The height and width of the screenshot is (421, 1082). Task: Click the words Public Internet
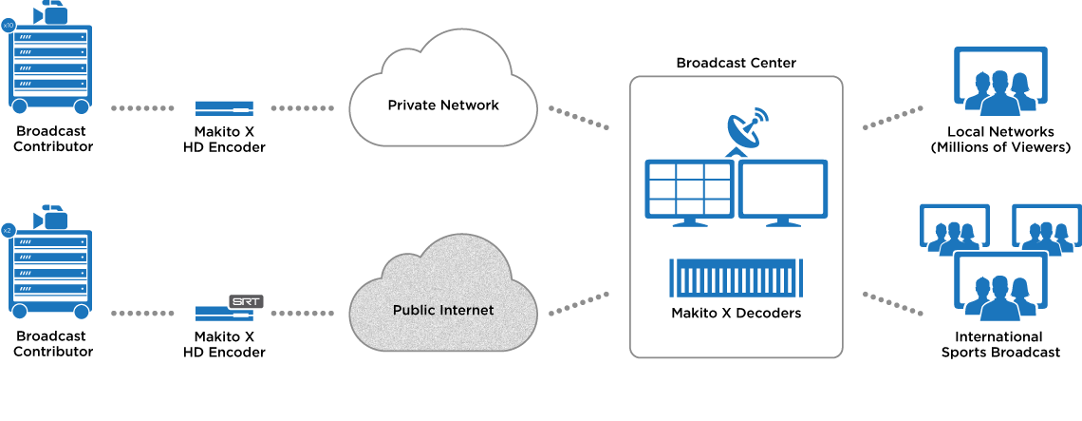point(443,311)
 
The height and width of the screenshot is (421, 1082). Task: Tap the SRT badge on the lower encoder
point(246,301)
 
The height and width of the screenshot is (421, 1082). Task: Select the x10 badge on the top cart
point(9,26)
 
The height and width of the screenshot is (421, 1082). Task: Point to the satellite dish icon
point(747,132)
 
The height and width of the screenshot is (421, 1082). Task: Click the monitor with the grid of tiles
point(689,190)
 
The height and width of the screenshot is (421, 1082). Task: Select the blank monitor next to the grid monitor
point(783,190)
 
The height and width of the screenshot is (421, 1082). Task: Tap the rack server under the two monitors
point(737,277)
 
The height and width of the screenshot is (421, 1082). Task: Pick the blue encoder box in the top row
point(224,108)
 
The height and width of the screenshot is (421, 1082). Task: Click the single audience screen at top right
point(999,78)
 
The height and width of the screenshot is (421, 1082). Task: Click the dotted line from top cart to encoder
point(143,108)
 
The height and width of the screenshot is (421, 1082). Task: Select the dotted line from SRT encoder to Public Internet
point(302,312)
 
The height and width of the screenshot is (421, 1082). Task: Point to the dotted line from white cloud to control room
point(578,115)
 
